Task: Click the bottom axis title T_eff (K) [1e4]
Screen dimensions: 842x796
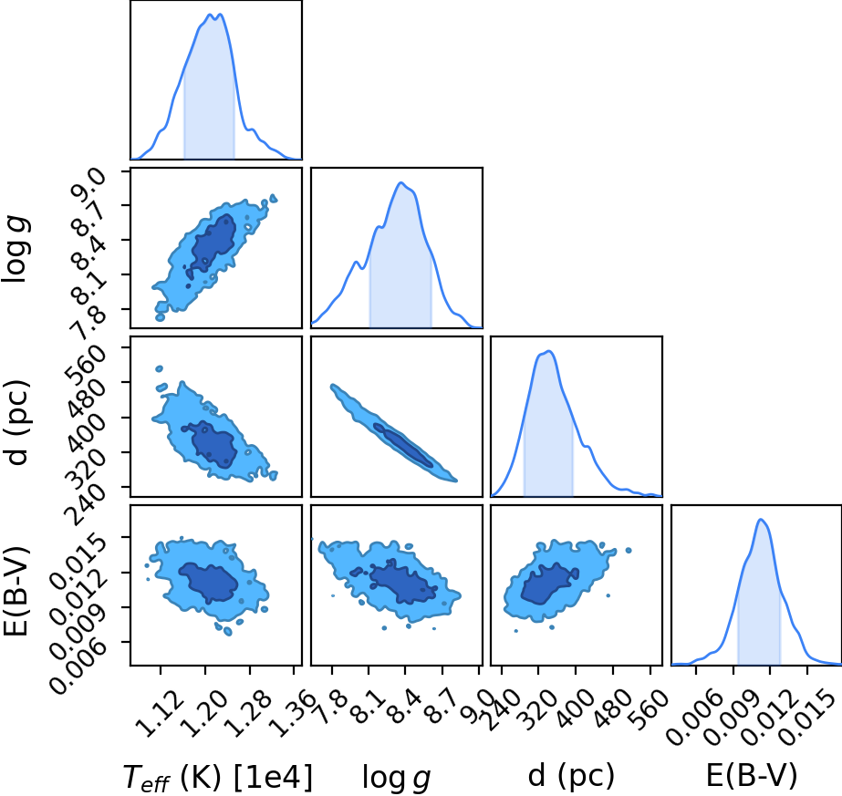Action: [x=217, y=777]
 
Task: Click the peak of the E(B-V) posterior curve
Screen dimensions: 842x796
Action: [x=761, y=519]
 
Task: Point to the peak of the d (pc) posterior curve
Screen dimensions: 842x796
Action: [x=549, y=351]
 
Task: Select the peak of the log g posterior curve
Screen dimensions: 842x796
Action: [x=400, y=182]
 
